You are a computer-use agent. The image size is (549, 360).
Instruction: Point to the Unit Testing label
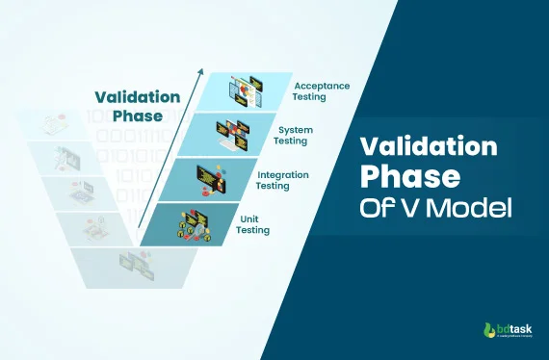[x=253, y=224]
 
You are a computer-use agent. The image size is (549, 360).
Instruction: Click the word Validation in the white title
[x=429, y=147]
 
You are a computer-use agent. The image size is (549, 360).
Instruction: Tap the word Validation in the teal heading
[x=137, y=96]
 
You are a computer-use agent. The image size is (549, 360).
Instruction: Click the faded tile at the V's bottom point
[x=132, y=263]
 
